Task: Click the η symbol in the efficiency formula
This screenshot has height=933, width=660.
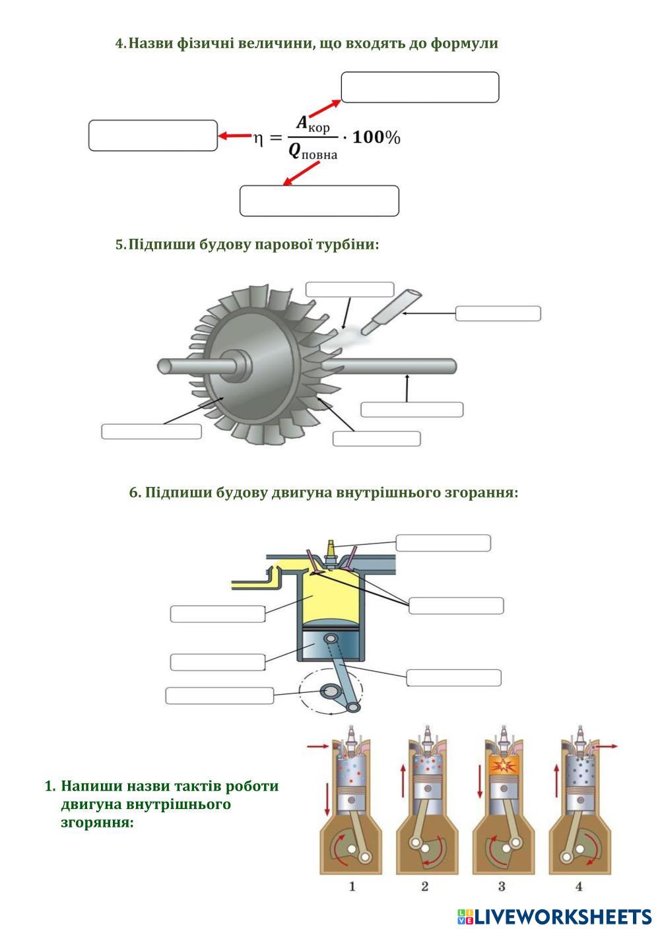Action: click(258, 139)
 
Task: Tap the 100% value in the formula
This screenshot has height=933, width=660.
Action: click(376, 137)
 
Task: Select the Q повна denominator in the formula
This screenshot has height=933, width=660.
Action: click(312, 152)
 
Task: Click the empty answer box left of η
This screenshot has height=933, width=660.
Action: click(153, 135)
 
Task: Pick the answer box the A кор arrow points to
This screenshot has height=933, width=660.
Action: click(420, 87)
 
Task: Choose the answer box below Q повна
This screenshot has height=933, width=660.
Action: click(319, 201)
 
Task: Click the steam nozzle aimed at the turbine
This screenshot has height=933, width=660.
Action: click(391, 312)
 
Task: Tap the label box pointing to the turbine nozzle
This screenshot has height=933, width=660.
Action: click(498, 313)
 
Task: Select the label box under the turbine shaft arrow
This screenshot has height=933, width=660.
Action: click(412, 410)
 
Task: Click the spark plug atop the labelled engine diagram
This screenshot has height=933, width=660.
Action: click(331, 552)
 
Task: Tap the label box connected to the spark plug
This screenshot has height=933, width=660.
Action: click(443, 543)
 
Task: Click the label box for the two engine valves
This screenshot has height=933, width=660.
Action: click(456, 606)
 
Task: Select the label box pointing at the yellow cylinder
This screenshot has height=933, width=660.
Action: click(218, 614)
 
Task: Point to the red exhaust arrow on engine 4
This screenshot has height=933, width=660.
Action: click(607, 747)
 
